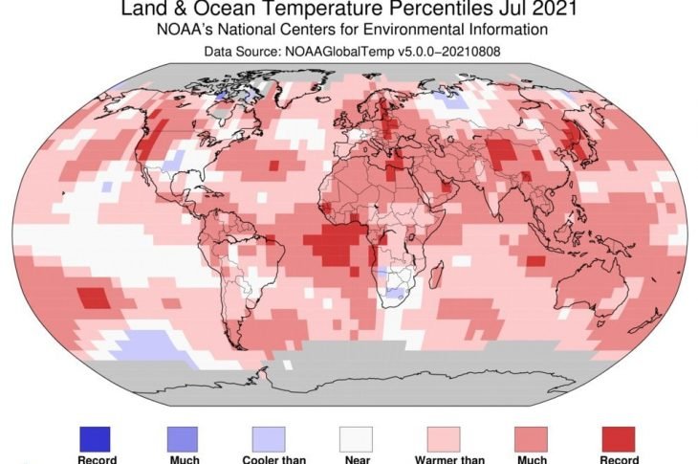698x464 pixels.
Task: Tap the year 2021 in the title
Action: pyautogui.click(x=552, y=11)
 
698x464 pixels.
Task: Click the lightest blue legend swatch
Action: pyautogui.click(x=268, y=438)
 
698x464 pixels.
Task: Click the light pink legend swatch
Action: pyautogui.click(x=443, y=438)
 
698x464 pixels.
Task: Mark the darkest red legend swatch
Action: pyautogui.click(x=619, y=438)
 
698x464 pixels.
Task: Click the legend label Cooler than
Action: pyautogui.click(x=269, y=459)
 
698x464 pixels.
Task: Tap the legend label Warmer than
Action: pyautogui.click(x=443, y=459)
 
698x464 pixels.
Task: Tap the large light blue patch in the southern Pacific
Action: pyautogui.click(x=153, y=344)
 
